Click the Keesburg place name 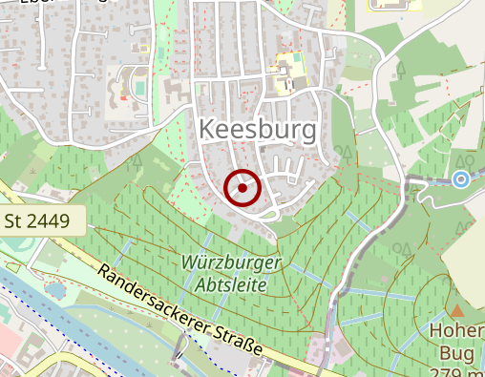tap(260, 130)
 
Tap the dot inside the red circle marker tap(242, 188)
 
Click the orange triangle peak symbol tap(457, 311)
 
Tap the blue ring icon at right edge tap(461, 178)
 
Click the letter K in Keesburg tap(207, 130)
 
